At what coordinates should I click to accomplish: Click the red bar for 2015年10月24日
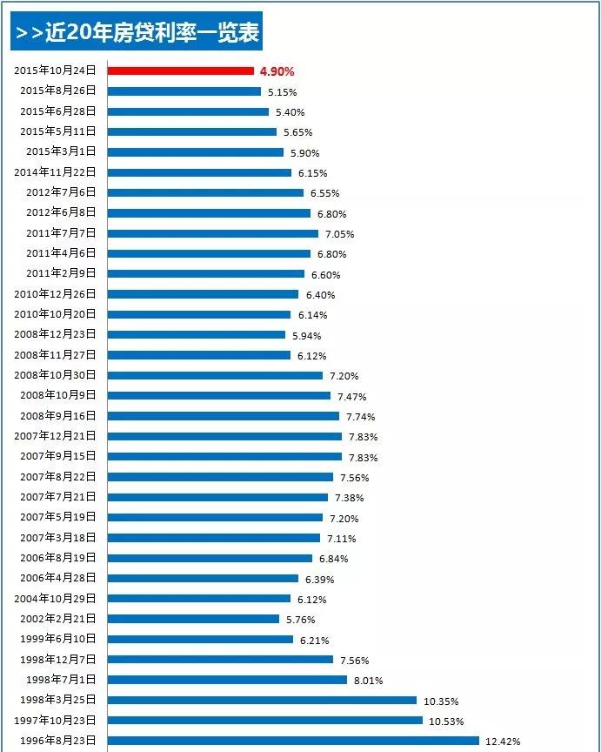tap(180, 70)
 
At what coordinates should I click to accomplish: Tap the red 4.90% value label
tap(277, 71)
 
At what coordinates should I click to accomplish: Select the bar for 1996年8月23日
tap(293, 741)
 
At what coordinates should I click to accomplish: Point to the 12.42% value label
tap(503, 742)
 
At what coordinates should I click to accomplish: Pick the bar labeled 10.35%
tap(262, 700)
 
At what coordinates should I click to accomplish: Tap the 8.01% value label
tap(368, 681)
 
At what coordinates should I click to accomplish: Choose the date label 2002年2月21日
tap(59, 619)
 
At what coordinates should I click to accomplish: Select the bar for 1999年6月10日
tap(200, 639)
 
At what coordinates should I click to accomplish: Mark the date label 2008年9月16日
tap(59, 416)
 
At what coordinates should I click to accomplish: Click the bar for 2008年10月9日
tap(218, 396)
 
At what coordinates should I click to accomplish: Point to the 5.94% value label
tap(306, 335)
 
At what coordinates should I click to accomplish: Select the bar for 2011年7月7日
tap(212, 233)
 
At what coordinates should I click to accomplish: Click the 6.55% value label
tap(324, 193)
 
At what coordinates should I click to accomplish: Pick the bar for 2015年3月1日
tap(195, 151)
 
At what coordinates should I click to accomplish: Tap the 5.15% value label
tap(282, 91)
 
